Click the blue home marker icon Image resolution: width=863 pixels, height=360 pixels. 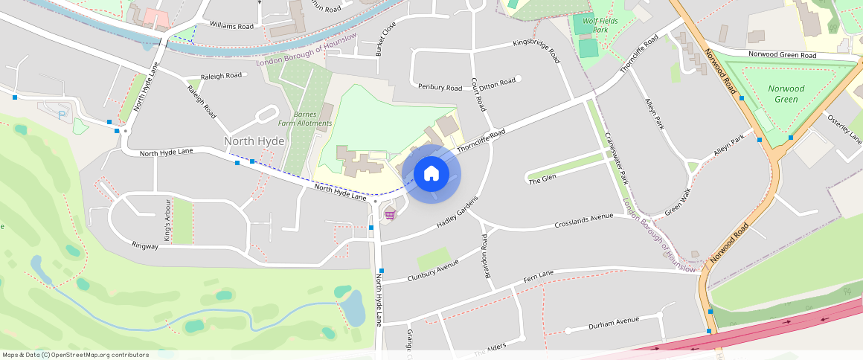tap(431, 174)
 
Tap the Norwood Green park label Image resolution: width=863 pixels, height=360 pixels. tap(786, 94)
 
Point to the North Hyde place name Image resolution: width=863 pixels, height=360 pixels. tap(254, 141)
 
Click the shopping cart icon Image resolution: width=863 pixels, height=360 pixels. tap(390, 215)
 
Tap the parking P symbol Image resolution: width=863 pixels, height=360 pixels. tap(62, 114)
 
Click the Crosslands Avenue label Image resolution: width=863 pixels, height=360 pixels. tap(584, 222)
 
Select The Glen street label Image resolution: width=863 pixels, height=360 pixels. tap(542, 179)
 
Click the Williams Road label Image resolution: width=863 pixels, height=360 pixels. tap(231, 26)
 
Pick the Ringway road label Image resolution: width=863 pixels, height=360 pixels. tap(145, 245)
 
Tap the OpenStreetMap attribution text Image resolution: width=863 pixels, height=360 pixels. tap(75, 355)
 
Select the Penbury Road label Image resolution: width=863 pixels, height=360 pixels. tap(439, 88)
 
